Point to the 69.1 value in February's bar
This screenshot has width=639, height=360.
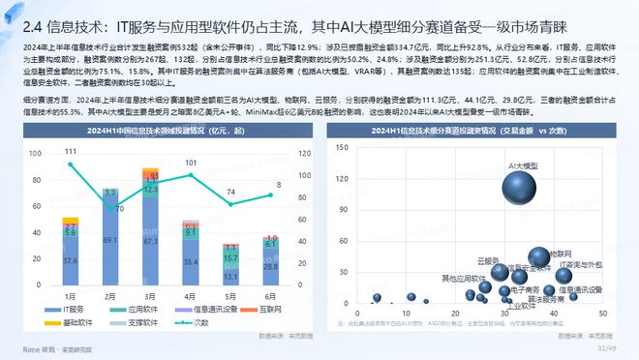[x=109, y=239]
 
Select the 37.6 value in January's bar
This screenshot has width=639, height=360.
[x=70, y=260]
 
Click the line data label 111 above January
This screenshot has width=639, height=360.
[x=70, y=152]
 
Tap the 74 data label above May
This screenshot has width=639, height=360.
[x=231, y=192]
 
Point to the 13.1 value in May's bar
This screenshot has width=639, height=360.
[x=231, y=277]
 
